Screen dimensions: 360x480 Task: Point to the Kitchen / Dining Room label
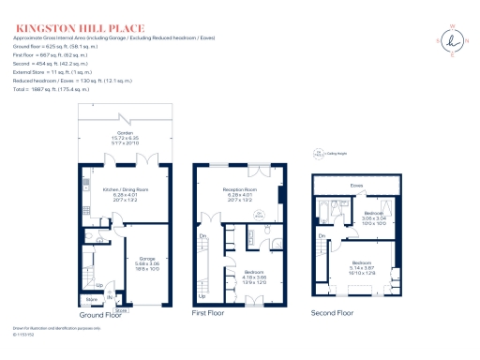coord(126,192)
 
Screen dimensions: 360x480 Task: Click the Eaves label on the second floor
coord(357,186)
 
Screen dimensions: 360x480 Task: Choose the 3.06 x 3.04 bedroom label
coord(375,219)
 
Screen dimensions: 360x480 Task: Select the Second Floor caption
coord(333,311)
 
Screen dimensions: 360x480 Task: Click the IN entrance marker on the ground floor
coord(110,298)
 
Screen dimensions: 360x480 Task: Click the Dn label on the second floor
coord(321,235)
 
